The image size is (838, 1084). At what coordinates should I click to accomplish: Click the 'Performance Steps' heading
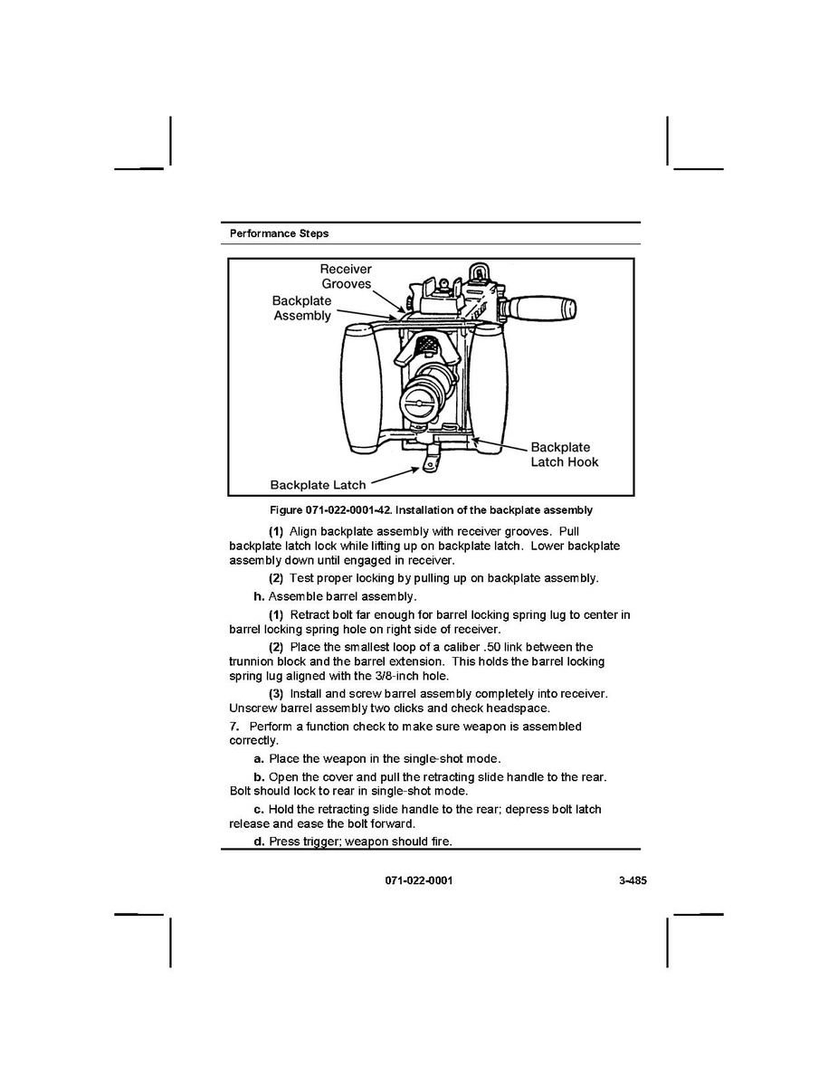[x=279, y=233]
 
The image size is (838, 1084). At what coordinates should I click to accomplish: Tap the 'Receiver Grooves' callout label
[x=346, y=276]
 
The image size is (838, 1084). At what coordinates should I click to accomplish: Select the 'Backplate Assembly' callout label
[x=302, y=309]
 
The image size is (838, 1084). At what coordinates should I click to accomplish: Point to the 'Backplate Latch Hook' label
[x=564, y=454]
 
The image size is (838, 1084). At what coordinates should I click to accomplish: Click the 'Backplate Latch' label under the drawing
[x=318, y=485]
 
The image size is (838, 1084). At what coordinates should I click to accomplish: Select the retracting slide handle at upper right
[x=539, y=308]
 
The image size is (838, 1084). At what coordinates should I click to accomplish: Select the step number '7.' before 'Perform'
[x=234, y=727]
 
